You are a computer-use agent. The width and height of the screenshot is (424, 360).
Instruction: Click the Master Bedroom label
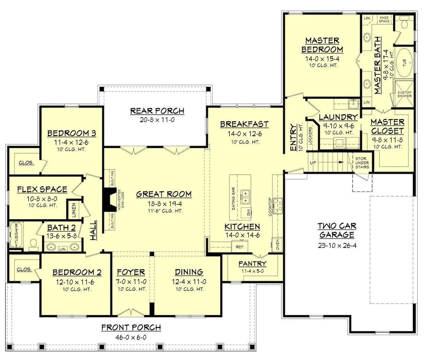322,45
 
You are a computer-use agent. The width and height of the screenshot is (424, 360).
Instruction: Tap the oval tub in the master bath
405,63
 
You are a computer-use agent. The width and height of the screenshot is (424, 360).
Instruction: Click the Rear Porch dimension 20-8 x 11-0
157,120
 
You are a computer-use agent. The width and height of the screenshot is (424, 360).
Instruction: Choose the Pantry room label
252,264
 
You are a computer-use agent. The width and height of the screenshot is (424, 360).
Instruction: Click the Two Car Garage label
336,230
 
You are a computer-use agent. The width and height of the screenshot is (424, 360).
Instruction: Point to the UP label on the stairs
313,163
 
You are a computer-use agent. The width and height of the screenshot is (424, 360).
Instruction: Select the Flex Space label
42,190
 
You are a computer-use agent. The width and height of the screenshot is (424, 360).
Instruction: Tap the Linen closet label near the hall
73,210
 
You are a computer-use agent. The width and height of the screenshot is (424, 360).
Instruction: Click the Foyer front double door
131,312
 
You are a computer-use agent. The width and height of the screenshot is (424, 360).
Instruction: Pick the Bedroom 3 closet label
25,163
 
